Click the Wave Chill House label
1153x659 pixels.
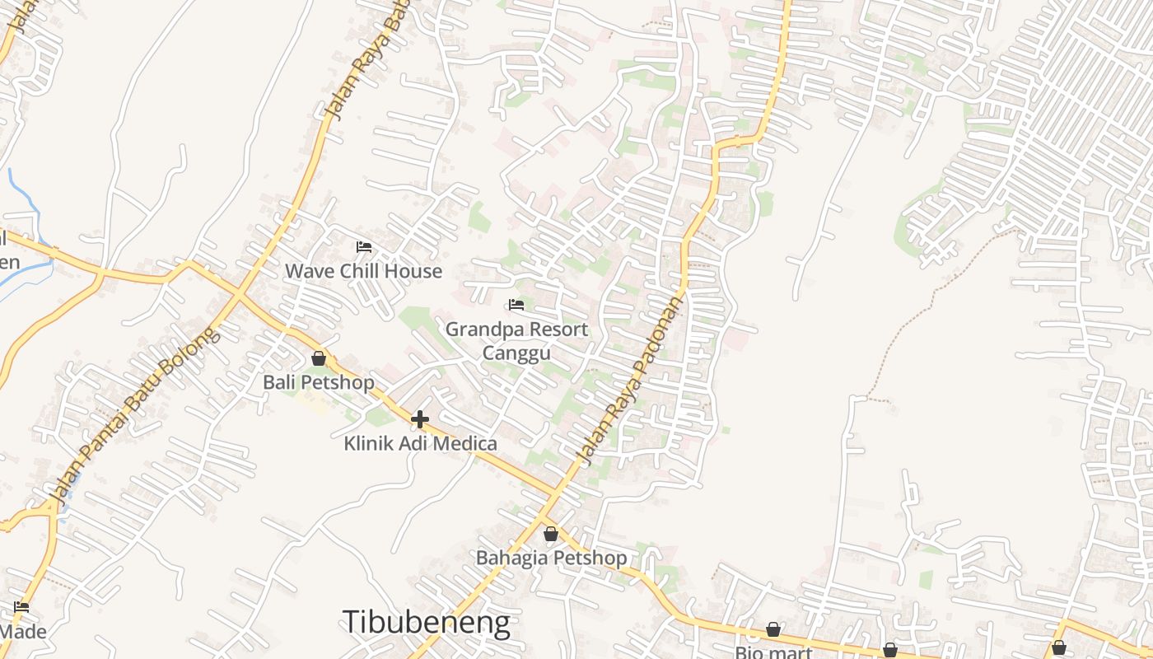tap(363, 271)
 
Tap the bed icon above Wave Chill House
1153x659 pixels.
tap(363, 246)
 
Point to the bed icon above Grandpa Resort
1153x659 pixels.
tap(516, 305)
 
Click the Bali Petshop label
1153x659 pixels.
tap(318, 383)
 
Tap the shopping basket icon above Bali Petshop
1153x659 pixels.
tap(319, 359)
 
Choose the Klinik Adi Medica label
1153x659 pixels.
tap(420, 444)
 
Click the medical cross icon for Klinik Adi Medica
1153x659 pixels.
tap(420, 419)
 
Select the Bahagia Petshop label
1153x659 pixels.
tap(551, 558)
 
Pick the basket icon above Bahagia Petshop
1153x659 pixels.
tap(551, 534)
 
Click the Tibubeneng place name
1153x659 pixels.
tap(426, 622)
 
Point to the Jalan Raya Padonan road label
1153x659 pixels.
tap(631, 381)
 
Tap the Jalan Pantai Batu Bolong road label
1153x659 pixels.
tap(135, 416)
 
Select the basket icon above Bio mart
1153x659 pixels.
tap(773, 630)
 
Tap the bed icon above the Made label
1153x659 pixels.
tap(21, 607)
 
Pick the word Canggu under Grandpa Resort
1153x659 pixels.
tap(516, 353)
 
